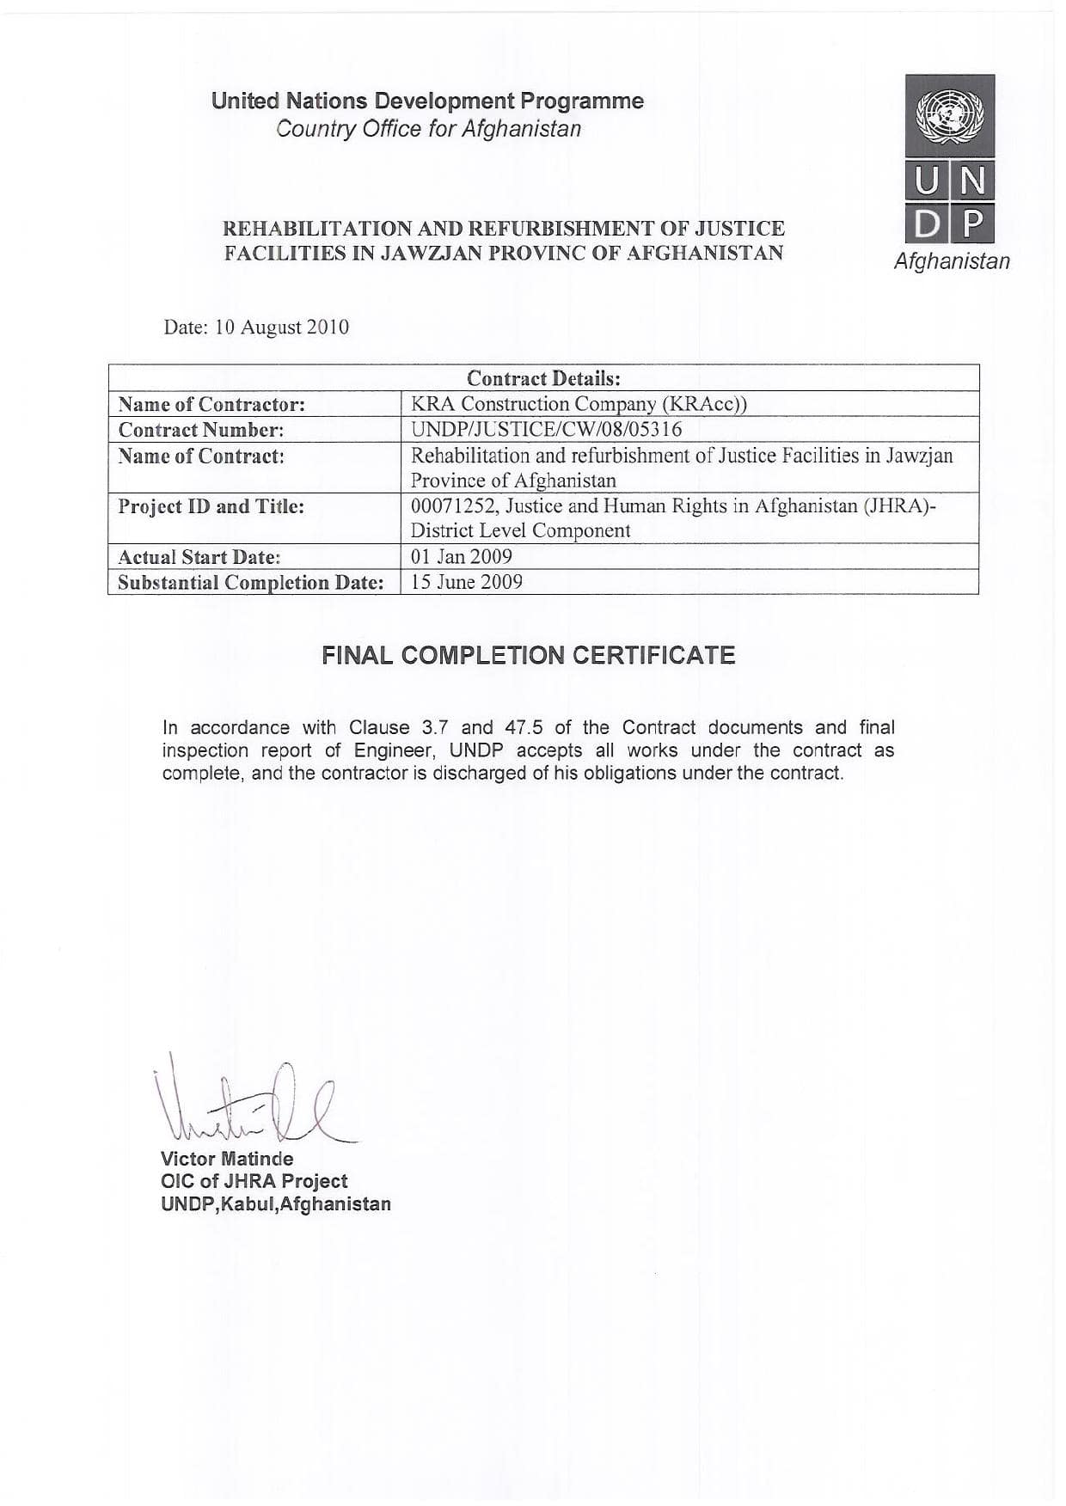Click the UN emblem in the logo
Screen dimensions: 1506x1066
click(x=949, y=115)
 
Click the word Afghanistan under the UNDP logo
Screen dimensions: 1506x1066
click(x=952, y=261)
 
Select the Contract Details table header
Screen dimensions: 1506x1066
click(x=543, y=378)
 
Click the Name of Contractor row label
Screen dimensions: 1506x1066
click(x=211, y=404)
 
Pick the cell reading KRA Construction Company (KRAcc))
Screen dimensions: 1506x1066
click(x=579, y=404)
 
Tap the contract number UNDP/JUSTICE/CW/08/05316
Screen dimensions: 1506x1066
click(x=546, y=429)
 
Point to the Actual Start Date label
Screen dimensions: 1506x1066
click(x=199, y=557)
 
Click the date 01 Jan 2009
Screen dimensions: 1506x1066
click(x=461, y=556)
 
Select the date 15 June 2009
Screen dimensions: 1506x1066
click(x=466, y=582)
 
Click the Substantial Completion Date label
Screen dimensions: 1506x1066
click(x=250, y=583)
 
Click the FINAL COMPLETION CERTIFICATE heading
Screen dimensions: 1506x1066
click(x=529, y=656)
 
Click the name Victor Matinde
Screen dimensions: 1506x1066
click(x=227, y=1159)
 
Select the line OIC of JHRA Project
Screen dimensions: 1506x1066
click(x=254, y=1181)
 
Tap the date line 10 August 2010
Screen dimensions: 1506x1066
click(x=256, y=328)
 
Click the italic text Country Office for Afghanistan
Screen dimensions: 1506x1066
click(x=428, y=129)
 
